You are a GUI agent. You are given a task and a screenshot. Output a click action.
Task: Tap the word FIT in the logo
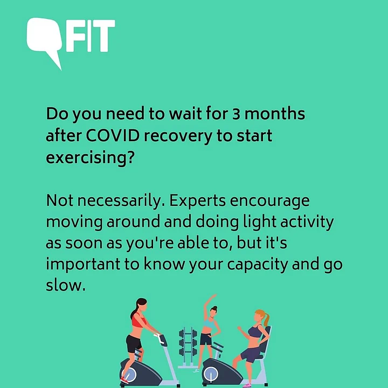coord(91,36)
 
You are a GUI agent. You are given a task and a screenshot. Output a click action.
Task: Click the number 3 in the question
coord(237,114)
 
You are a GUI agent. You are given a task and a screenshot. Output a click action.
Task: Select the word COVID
coord(113,136)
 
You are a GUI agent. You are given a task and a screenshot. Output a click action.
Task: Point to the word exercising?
coord(91,158)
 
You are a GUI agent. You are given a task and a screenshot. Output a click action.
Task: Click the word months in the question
coord(275,114)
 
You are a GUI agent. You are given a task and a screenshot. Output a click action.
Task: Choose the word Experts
coord(197,201)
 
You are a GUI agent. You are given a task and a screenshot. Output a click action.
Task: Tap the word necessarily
coord(121,201)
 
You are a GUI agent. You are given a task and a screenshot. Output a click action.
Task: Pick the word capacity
coord(258,265)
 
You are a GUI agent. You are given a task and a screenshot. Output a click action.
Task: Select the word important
coord(83,265)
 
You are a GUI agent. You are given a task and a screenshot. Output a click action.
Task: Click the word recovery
coord(178,136)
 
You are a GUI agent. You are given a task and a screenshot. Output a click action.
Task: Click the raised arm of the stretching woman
coord(208,307)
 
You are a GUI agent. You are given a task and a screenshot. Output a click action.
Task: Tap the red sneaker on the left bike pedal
coord(124,380)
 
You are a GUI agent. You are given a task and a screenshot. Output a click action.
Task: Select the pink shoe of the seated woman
coord(247,385)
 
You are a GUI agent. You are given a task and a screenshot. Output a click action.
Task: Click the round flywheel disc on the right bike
coord(211,374)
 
